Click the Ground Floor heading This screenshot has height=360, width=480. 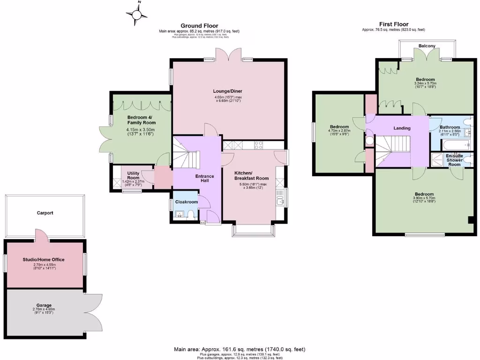point(199,26)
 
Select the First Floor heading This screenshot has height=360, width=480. point(393,24)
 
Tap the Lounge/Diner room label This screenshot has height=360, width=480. point(228,91)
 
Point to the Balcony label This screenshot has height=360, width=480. point(427,46)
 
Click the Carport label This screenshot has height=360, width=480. point(45,213)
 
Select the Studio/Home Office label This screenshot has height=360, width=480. point(44,259)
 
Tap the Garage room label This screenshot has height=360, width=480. point(44,305)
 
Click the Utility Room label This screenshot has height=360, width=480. point(134,176)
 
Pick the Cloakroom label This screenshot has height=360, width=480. point(186,202)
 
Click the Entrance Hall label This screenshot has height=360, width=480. point(204,179)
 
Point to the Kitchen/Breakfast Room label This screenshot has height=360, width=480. point(251,175)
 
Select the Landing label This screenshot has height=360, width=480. point(402,128)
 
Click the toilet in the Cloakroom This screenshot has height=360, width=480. point(190,215)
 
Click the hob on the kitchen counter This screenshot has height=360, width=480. point(258,145)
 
